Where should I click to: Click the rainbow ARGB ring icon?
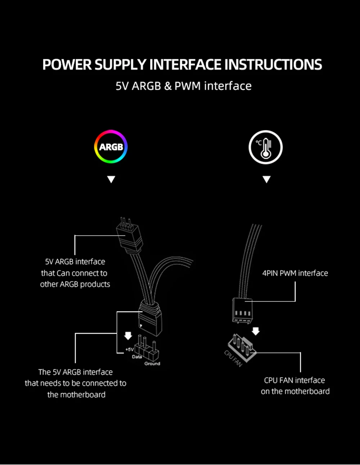[x=111, y=147]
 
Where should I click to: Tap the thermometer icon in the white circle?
[x=266, y=147]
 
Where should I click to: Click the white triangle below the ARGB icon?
[x=111, y=179]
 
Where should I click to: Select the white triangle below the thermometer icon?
[x=266, y=179]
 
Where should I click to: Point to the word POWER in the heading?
[x=67, y=65]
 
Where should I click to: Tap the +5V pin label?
[x=129, y=349]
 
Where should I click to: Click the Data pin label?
[x=137, y=357]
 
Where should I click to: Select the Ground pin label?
[x=152, y=364]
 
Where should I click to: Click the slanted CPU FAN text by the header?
[x=233, y=359]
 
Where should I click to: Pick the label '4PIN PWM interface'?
[x=295, y=273]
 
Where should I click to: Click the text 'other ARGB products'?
[x=75, y=284]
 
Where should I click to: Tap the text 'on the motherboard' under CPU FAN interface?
[x=295, y=392]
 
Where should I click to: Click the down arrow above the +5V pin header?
[x=128, y=336]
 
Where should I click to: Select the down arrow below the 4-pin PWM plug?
[x=256, y=331]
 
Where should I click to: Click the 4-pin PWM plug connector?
[x=242, y=310]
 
